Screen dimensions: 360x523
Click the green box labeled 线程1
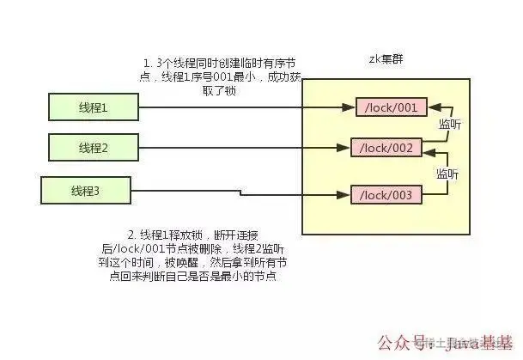coord(92,107)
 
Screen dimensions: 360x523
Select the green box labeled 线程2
coord(92,147)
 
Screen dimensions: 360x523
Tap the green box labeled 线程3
coord(84,189)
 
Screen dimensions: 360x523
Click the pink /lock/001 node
coord(391,107)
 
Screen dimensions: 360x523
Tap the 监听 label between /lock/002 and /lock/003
coord(447,173)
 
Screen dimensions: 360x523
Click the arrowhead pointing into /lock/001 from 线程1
coord(351,107)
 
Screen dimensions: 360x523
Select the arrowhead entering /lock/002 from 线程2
coord(345,148)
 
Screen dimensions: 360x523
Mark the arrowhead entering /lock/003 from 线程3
coord(345,196)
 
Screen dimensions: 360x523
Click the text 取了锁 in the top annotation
coord(221,90)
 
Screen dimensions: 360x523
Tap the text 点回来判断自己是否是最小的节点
coord(203,277)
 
